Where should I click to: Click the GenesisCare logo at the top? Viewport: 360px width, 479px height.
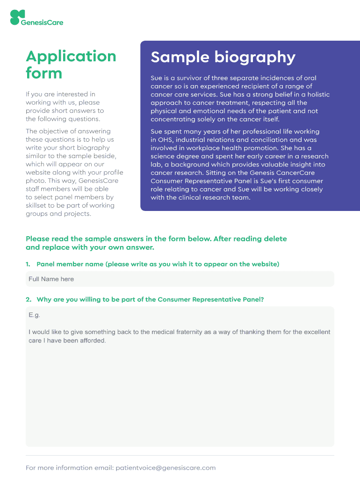pos(36,18)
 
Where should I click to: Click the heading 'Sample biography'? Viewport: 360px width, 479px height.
pos(223,57)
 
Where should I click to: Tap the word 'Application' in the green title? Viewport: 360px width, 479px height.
pos(71,56)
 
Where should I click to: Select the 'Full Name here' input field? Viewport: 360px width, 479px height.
pos(180,279)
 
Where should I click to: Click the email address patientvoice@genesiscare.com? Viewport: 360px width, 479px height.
pos(166,468)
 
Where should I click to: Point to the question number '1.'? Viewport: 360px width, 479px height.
pos(28,264)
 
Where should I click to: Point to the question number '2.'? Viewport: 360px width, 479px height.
pos(28,299)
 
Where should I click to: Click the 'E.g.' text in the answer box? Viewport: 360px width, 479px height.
pos(34,315)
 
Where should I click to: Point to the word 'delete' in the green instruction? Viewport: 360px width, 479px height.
pos(276,239)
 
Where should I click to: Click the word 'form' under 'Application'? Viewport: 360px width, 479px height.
pos(44,73)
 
